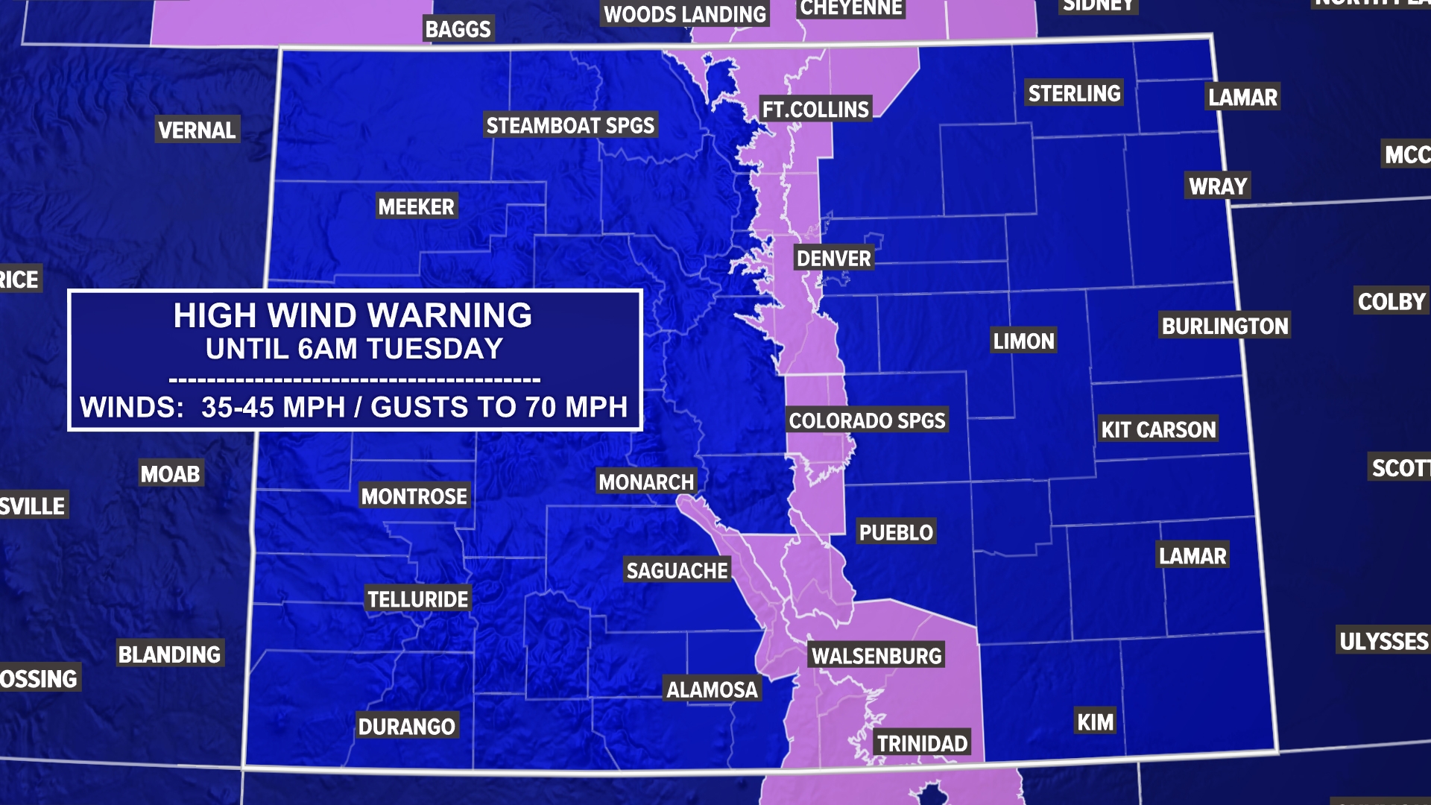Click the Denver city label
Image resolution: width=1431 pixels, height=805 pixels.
(833, 259)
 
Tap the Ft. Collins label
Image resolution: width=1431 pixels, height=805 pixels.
(815, 110)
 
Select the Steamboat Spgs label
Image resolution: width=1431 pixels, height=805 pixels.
(570, 125)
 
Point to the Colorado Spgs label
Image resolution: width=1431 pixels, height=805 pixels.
(867, 420)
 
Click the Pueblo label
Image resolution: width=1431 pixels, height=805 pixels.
(896, 532)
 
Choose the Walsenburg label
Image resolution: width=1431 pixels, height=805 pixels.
(876, 656)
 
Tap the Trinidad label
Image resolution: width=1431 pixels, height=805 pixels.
(922, 743)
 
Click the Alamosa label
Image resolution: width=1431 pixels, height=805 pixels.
(712, 689)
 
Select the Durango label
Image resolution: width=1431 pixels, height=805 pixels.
(406, 726)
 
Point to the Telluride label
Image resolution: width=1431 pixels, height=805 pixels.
(418, 599)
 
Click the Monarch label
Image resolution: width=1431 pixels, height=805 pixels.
(646, 482)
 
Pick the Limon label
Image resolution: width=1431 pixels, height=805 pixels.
(1023, 341)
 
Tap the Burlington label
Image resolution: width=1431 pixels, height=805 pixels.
(1225, 326)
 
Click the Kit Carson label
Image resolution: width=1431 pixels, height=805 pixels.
(1158, 429)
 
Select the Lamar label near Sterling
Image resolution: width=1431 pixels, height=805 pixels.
(1242, 97)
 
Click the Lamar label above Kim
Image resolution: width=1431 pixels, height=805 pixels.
(1192, 556)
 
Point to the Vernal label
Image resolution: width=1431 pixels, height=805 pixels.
(197, 130)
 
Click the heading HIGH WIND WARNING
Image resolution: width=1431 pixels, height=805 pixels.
(353, 315)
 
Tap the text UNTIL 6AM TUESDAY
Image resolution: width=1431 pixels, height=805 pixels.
(354, 349)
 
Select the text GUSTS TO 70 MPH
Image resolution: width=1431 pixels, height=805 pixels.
(499, 407)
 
